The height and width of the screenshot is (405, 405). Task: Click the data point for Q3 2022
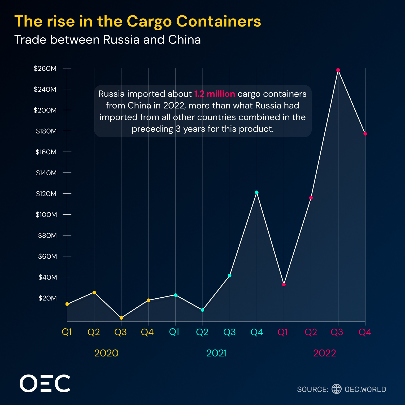(x=338, y=70)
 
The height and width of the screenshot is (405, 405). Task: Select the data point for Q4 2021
(x=257, y=192)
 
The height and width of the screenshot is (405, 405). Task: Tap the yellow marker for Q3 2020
(x=121, y=318)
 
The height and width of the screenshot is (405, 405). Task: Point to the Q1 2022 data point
(x=284, y=285)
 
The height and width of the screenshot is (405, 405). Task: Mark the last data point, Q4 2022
(x=365, y=134)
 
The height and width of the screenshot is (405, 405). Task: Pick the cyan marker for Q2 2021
(x=203, y=310)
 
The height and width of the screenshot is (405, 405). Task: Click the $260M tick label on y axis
(x=45, y=68)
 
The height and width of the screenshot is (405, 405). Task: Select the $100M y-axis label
(x=46, y=214)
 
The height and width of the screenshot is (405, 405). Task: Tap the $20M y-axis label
(x=47, y=298)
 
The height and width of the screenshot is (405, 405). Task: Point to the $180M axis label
(x=46, y=131)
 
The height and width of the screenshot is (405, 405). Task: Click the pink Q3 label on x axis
(x=337, y=332)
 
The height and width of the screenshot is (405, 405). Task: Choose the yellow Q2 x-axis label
(x=94, y=332)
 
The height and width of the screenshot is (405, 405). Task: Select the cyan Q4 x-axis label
(x=257, y=332)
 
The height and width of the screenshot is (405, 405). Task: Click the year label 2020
(x=106, y=353)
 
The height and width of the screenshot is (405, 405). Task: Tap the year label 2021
(x=217, y=353)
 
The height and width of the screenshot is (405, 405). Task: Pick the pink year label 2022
(x=325, y=353)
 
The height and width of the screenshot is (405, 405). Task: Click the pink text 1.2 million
(x=215, y=94)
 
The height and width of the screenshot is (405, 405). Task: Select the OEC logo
(x=45, y=384)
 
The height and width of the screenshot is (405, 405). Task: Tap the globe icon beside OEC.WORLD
(x=337, y=389)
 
